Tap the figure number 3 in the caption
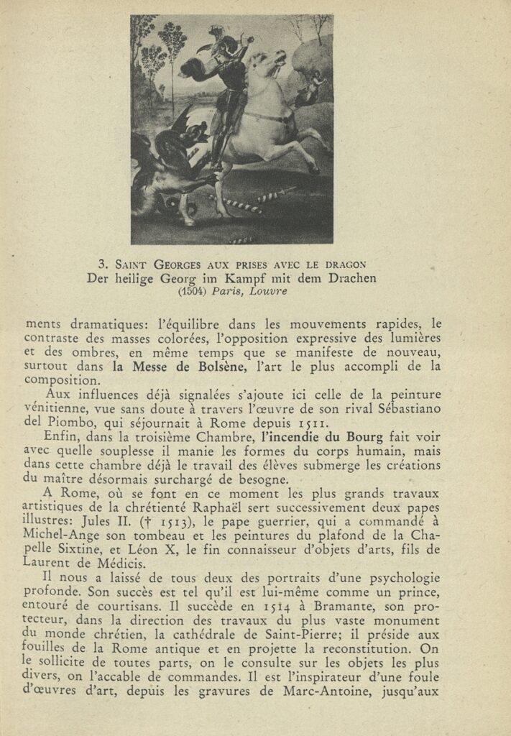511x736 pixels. pos(102,264)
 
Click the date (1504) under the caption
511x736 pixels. pos(192,291)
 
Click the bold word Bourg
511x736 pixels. pos(364,436)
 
